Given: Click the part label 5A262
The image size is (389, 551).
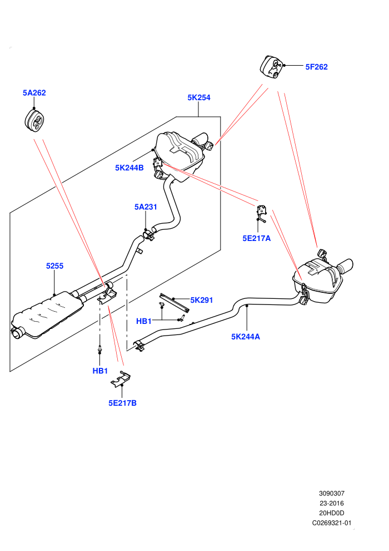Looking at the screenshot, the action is pos(34,93).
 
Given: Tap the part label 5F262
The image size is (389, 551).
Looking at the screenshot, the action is pos(316,67).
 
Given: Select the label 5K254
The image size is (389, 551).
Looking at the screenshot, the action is pos(199,98).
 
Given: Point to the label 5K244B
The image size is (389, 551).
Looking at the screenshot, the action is pos(129,168).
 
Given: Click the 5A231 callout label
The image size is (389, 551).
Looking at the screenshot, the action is pos(146,207).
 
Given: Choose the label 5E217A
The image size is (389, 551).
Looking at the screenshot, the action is pos(256,238).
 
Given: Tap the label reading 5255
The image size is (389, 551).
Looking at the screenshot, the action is pos(54,266).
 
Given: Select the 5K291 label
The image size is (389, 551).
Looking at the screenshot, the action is pos(202,300).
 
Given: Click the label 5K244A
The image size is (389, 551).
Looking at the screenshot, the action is pos(246,337).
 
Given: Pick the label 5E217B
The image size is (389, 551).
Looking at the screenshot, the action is pos(122,403).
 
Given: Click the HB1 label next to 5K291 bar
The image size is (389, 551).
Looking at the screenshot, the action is pos(144,321).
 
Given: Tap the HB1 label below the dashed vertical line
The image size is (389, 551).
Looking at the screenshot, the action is pos(100,371).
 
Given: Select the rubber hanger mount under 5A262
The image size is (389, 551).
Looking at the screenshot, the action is pos(36,120).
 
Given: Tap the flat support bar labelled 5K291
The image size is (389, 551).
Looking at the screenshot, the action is pos(174,303).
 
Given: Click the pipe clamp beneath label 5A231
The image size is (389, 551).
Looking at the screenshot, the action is pos(149,234).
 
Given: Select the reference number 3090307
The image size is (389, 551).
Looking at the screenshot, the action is pos(331,493).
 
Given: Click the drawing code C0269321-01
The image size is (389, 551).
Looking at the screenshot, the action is pos(331,523).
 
